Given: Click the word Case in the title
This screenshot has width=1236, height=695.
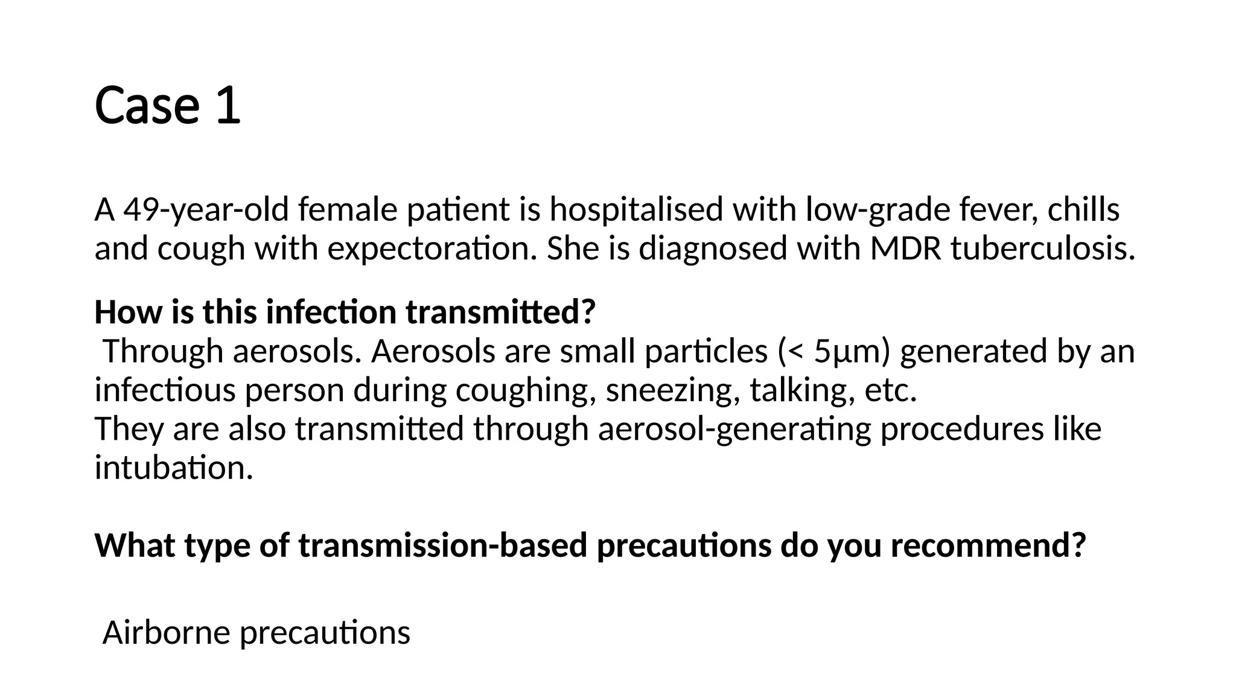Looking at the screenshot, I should click(x=147, y=106).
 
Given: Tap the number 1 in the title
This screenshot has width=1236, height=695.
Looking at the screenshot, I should click(x=228, y=106).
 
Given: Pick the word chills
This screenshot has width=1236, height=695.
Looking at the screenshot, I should click(x=1083, y=211).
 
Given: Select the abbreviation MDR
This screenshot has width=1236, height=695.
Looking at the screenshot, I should click(x=906, y=249).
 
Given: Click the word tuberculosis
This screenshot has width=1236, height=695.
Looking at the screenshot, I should click(x=1042, y=249).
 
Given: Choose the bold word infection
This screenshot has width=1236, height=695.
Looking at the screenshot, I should click(x=331, y=313).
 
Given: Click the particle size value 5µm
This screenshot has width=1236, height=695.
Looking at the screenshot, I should click(x=852, y=352).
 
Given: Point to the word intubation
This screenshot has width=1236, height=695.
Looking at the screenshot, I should click(x=174, y=468).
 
